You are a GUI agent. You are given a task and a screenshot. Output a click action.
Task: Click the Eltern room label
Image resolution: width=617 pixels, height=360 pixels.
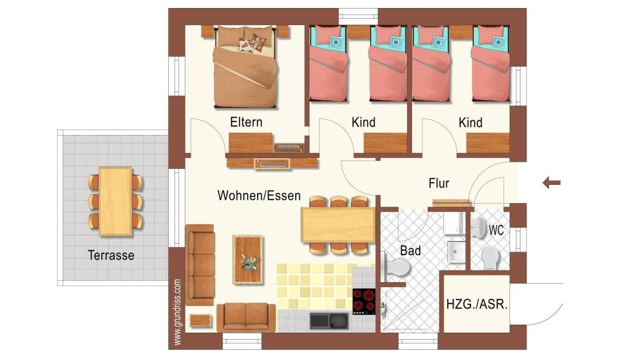coord(246,122)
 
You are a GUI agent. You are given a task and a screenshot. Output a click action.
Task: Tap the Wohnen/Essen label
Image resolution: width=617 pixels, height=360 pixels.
coord(259,196)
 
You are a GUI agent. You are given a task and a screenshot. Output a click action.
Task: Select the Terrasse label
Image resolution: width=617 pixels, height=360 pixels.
coord(111,256)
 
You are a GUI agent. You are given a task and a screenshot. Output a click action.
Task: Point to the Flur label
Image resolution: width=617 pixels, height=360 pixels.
coord(439,183)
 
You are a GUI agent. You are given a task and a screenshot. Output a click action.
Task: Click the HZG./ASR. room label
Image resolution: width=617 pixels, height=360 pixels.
coord(477,304)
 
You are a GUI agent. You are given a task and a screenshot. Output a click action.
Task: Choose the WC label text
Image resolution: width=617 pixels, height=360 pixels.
coord(496,230)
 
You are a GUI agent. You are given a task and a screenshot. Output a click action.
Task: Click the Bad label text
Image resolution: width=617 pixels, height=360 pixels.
coord(410,251)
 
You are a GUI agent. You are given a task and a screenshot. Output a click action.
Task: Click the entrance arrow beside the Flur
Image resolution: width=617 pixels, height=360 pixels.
coord(551,183)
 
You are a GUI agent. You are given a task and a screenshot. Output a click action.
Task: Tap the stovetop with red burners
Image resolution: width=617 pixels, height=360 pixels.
coord(363,302)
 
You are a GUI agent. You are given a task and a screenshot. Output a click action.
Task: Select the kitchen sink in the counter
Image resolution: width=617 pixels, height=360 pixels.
coord(329,321)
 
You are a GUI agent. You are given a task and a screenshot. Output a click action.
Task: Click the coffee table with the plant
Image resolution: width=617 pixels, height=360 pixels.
coord(247,260)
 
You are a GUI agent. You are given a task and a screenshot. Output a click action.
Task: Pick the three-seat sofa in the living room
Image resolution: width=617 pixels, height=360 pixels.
coord(200,265)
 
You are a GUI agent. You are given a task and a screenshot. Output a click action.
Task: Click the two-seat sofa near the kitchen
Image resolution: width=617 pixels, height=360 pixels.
coord(246,317)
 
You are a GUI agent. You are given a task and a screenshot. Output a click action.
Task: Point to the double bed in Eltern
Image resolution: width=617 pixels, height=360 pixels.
coord(245,66)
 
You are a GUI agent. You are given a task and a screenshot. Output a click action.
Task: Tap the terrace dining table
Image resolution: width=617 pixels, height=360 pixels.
coord(115,201)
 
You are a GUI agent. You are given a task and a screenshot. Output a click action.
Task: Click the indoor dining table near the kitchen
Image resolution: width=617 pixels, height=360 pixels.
coord(338,225)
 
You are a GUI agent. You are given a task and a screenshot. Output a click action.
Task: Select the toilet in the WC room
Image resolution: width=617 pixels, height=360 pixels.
coord(491,258)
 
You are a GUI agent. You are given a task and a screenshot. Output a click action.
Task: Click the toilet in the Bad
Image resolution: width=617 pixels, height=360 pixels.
coord(396,267)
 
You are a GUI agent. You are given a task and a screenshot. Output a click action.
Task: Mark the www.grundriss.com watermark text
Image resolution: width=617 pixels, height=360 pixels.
coord(177,312)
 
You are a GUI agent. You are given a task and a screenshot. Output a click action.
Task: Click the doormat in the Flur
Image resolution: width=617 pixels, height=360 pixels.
coord(452,203)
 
